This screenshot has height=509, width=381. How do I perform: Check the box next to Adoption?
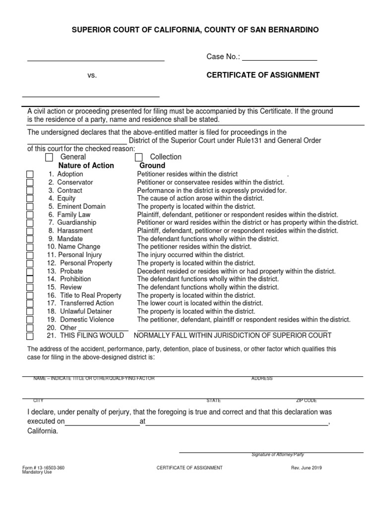click(30, 174)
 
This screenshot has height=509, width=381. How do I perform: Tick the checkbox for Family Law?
click(30, 215)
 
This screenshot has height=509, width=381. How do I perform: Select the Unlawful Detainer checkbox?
click(30, 312)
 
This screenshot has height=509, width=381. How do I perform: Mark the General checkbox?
click(49, 158)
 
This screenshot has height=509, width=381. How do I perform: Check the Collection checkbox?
click(139, 158)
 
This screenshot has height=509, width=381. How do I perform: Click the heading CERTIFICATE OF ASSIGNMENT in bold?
click(263, 75)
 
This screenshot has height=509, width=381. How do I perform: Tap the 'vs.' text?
click(92, 76)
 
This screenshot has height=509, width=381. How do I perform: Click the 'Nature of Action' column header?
click(86, 166)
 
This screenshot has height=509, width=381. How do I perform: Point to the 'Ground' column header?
click(152, 166)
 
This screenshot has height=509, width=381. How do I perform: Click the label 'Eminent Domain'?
click(81, 206)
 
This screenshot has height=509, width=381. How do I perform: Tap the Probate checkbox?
click(30, 271)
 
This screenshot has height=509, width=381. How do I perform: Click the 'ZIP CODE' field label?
click(306, 401)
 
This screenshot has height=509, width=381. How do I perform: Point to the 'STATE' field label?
click(214, 401)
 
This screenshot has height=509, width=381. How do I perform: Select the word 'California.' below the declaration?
click(42, 431)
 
